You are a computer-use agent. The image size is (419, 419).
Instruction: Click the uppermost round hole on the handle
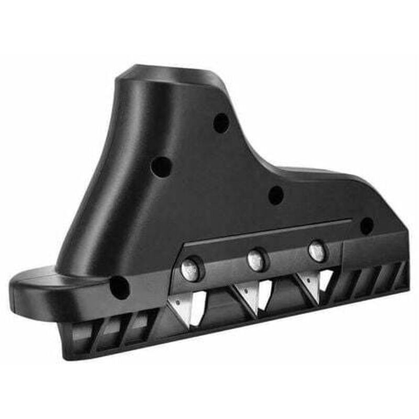(x=221, y=123)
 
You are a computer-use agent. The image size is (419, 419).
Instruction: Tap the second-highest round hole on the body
(x=161, y=167)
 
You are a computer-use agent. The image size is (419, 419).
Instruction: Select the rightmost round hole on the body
(x=367, y=226)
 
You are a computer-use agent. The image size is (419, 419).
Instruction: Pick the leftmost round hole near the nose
(x=119, y=288)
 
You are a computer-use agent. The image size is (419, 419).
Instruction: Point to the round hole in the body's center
(x=276, y=195)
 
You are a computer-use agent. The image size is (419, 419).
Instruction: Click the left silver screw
(x=190, y=269)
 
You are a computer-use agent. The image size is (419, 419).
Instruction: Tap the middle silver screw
(x=256, y=260)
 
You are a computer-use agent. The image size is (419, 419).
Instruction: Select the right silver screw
(x=317, y=252)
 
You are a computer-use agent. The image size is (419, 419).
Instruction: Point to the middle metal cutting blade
(x=255, y=294)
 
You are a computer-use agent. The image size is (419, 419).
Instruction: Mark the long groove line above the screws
(x=267, y=234)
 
